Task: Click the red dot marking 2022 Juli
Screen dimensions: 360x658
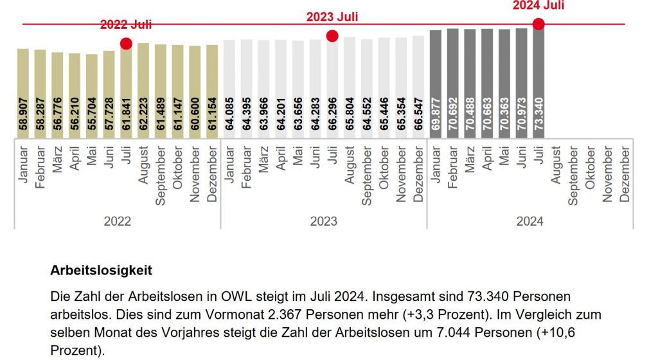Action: click(126, 43)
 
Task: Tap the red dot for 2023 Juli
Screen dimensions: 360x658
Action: click(332, 36)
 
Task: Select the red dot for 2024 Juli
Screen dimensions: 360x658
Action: click(538, 24)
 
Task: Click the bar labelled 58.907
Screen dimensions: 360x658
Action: click(23, 93)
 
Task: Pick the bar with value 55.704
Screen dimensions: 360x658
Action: click(92, 96)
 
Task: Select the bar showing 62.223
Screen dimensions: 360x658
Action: click(143, 90)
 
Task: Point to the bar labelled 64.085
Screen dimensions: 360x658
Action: click(229, 89)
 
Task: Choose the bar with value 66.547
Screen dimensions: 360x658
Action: click(418, 87)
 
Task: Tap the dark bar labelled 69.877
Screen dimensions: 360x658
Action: click(436, 84)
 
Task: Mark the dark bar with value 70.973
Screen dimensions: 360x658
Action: click(521, 83)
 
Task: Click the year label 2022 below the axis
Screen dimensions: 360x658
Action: click(117, 221)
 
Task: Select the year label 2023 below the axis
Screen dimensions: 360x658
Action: click(323, 221)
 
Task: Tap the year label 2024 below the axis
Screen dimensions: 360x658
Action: click(529, 221)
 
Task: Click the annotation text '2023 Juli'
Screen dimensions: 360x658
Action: click(332, 17)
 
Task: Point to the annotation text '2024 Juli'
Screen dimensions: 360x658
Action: click(538, 6)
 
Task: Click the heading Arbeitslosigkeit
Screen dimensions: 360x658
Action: click(101, 271)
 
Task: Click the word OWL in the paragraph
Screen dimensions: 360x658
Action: click(217, 298)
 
